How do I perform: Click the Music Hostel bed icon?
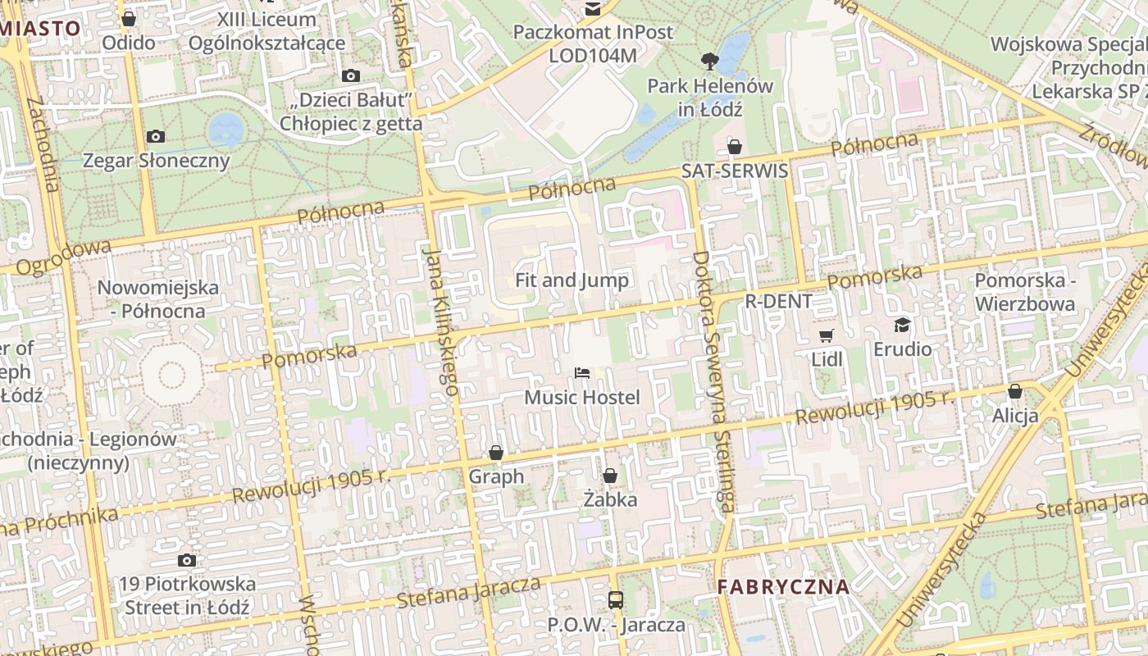click(582, 373)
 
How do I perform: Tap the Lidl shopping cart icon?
click(826, 335)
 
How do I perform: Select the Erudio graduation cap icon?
click(902, 325)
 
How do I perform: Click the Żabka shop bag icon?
click(609, 476)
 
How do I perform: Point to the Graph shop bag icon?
click(495, 453)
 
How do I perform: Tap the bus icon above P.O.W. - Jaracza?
click(616, 600)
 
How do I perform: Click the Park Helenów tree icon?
click(709, 61)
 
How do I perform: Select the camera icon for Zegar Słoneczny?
click(155, 136)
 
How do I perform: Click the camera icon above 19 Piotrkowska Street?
click(187, 560)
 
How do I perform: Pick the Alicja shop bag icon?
click(1015, 391)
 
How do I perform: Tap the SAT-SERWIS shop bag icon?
click(734, 147)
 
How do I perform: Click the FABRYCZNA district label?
click(783, 587)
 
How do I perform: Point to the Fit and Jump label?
click(572, 280)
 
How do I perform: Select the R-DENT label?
click(778, 301)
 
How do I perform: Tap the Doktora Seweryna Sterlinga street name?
click(712, 381)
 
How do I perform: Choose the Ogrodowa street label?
click(63, 257)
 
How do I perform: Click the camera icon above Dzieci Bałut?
click(351, 76)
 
